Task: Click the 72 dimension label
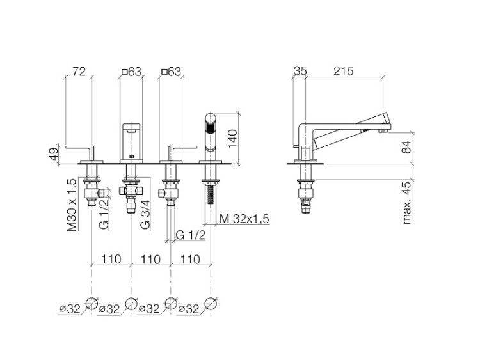point(79,72)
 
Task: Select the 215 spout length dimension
point(343,71)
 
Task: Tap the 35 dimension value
point(300,71)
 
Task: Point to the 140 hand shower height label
point(233,138)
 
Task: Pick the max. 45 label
point(407,202)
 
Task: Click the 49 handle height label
point(54,154)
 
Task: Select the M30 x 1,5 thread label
point(72,204)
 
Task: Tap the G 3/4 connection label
point(145,214)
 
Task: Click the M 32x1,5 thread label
point(244,219)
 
